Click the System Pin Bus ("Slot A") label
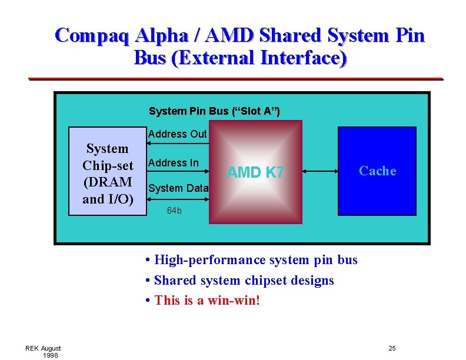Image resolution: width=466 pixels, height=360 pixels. click(214, 111)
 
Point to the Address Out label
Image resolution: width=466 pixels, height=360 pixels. click(177, 134)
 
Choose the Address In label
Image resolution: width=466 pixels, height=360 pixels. click(174, 163)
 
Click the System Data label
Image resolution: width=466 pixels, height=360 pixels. click(178, 188)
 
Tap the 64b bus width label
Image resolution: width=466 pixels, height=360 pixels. click(174, 210)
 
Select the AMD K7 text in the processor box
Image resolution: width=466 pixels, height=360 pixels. click(255, 172)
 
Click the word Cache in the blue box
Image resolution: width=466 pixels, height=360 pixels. click(377, 171)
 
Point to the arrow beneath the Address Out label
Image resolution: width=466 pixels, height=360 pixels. click(177, 143)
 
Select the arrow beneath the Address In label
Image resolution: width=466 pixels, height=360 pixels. click(177, 172)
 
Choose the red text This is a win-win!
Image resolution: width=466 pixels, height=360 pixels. click(207, 301)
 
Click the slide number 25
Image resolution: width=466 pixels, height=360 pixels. click(392, 349)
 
